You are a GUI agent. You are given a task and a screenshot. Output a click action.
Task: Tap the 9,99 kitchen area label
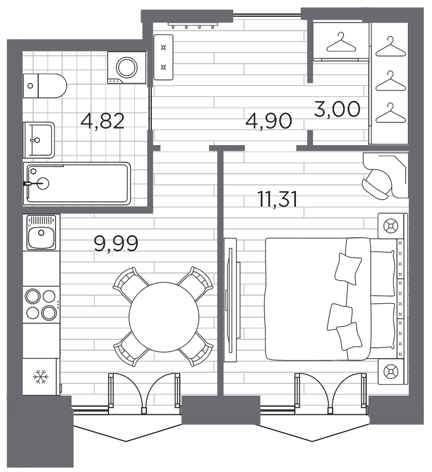[116, 243]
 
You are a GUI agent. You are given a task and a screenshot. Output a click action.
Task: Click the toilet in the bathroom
[46, 85]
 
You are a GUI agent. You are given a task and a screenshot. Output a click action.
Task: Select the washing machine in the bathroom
[127, 67]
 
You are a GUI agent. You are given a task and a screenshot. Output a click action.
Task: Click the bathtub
[77, 184]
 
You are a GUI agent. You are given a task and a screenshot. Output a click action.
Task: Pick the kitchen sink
[42, 232]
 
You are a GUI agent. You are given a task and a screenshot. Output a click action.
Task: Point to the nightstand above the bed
[390, 225]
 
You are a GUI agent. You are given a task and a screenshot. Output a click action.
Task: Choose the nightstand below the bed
[390, 371]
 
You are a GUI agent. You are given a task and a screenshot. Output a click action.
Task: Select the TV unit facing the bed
[231, 305]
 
